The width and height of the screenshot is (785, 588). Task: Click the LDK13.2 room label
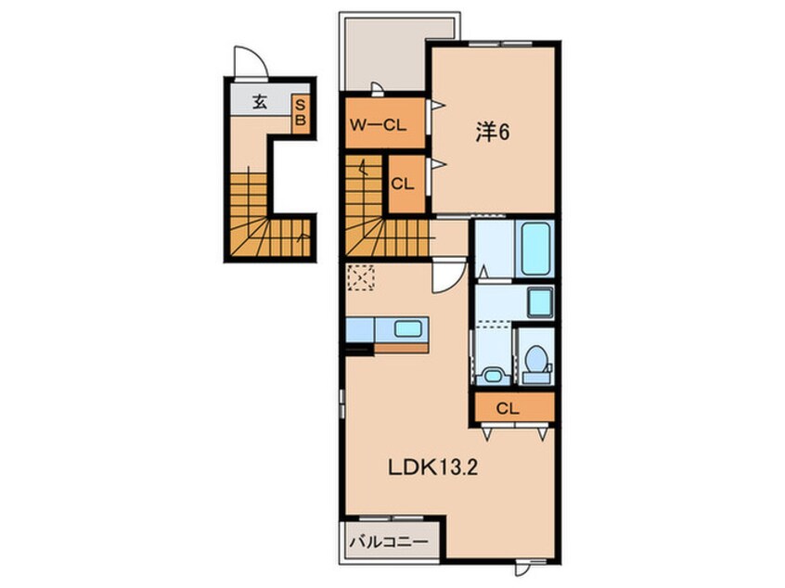pyautogui.click(x=433, y=467)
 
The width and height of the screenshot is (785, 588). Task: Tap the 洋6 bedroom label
pyautogui.click(x=493, y=132)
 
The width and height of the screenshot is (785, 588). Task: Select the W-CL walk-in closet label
pyautogui.click(x=378, y=125)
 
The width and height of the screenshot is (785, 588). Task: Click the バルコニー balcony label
pyautogui.click(x=390, y=542)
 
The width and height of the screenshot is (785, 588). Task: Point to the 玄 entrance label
pyautogui.click(x=259, y=102)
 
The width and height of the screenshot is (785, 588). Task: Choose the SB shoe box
pyautogui.click(x=301, y=113)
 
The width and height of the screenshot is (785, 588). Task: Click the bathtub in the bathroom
pyautogui.click(x=535, y=249)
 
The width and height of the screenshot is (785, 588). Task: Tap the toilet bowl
pyautogui.click(x=536, y=358)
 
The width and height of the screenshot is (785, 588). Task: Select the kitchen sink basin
pyautogui.click(x=407, y=328)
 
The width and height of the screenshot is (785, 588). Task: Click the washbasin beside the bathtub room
pyautogui.click(x=540, y=302)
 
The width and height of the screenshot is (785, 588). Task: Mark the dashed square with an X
pyautogui.click(x=361, y=277)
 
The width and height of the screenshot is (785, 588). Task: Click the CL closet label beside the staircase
pyautogui.click(x=403, y=185)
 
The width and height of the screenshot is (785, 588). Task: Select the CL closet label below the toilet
pyautogui.click(x=508, y=409)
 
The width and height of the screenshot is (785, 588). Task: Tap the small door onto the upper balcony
pyautogui.click(x=378, y=89)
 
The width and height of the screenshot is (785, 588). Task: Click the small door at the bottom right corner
pyautogui.click(x=521, y=569)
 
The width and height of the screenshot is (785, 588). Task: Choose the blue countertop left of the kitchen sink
pyautogui.click(x=360, y=330)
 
